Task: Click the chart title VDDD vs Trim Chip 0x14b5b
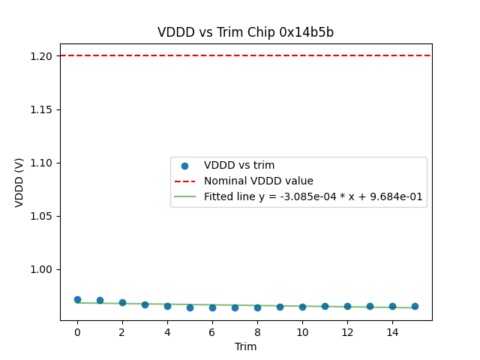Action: click(x=245, y=32)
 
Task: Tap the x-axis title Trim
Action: click(x=245, y=346)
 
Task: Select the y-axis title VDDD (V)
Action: click(x=19, y=182)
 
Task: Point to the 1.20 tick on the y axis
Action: click(x=42, y=56)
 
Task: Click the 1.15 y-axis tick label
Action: click(x=42, y=109)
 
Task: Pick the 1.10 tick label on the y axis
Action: click(x=42, y=163)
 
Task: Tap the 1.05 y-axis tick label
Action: click(x=42, y=216)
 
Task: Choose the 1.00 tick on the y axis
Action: click(x=42, y=269)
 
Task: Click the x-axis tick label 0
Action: click(x=77, y=332)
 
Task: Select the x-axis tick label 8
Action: click(x=257, y=332)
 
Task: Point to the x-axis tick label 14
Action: click(x=392, y=332)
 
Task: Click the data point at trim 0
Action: click(x=77, y=299)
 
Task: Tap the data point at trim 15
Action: click(x=415, y=306)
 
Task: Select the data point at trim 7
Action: click(x=235, y=307)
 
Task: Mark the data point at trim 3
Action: click(x=145, y=304)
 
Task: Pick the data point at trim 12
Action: click(x=347, y=306)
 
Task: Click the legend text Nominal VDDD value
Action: click(x=259, y=181)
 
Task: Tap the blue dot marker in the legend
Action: click(x=184, y=166)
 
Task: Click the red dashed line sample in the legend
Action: click(x=184, y=181)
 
